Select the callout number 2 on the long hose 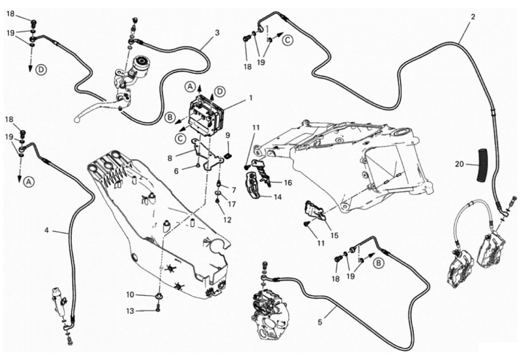pos(473,17)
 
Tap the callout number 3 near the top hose pos(217,32)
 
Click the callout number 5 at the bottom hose pos(320,321)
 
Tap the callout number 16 pos(288,182)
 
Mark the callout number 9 pos(228,135)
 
